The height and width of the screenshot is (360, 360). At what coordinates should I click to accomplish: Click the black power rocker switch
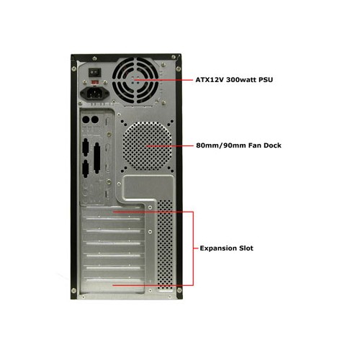click(x=95, y=73)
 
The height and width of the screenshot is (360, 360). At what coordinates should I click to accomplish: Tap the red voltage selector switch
click(x=95, y=82)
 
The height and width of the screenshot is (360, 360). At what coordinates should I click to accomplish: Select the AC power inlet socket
click(x=94, y=93)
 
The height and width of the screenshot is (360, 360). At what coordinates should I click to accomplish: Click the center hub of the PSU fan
click(x=135, y=80)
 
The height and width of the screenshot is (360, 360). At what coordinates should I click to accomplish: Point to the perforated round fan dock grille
click(x=148, y=146)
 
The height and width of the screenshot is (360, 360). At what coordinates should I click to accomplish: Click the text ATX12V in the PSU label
click(x=210, y=80)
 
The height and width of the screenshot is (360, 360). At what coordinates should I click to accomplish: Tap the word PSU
click(x=266, y=80)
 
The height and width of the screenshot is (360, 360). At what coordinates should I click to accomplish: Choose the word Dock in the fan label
click(x=272, y=145)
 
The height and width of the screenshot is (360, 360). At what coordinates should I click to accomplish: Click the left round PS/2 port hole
click(x=86, y=120)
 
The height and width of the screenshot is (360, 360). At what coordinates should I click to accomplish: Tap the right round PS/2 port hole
click(x=95, y=120)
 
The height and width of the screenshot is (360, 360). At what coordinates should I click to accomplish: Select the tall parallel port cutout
click(x=96, y=158)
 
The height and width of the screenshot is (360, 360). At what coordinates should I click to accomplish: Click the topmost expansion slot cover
click(x=113, y=213)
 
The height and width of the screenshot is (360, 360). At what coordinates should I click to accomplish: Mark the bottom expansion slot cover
click(x=113, y=285)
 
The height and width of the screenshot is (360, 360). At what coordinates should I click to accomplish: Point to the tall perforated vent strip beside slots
click(x=165, y=245)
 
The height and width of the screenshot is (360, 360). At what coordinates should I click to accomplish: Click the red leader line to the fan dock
click(x=170, y=145)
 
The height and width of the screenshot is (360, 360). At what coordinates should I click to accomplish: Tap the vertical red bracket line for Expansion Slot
click(x=193, y=248)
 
